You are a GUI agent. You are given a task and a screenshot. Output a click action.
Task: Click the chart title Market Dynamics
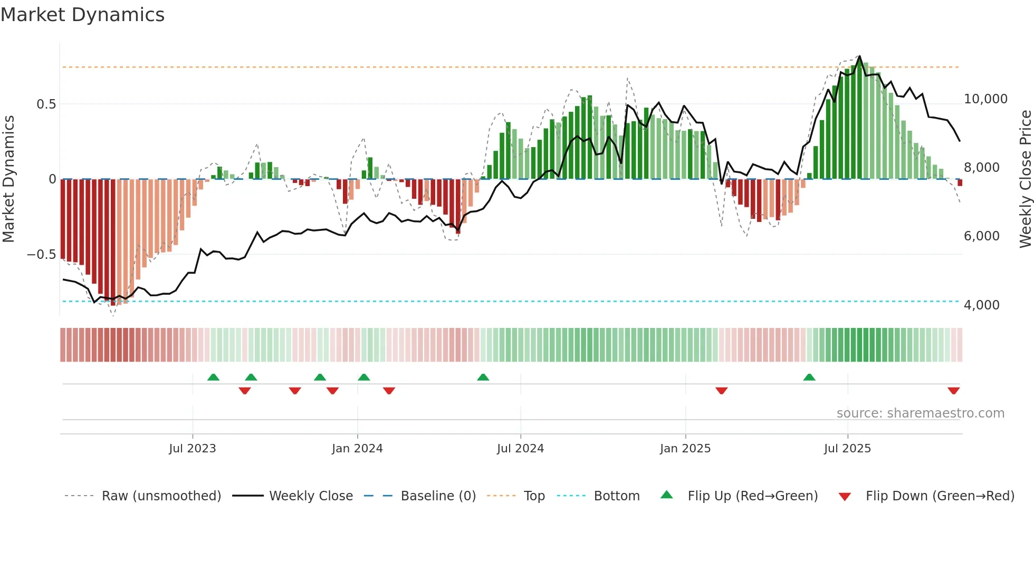point(82,15)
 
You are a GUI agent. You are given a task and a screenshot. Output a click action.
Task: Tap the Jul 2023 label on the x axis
point(193,449)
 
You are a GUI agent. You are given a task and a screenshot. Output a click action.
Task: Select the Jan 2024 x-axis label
point(357,449)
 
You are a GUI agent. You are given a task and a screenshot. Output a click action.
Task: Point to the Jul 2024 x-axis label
point(520,449)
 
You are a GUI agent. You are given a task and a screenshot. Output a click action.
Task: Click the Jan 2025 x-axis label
point(685,449)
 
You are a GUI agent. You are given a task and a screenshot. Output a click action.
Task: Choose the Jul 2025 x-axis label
point(847,449)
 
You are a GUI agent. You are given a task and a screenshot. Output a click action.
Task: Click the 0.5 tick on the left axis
point(46,104)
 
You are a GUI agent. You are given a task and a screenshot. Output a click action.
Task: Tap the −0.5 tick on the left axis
point(41,255)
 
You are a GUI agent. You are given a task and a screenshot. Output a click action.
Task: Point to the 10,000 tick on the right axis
point(985,99)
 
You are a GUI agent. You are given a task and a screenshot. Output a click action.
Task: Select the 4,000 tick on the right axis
point(981,305)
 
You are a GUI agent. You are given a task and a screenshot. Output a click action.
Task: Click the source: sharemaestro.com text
point(920,413)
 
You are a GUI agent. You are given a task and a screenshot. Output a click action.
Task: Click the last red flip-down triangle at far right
point(953,391)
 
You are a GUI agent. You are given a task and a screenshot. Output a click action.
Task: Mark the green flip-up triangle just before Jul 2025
point(809,377)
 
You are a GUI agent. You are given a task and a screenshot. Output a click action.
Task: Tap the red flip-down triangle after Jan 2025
point(722,391)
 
